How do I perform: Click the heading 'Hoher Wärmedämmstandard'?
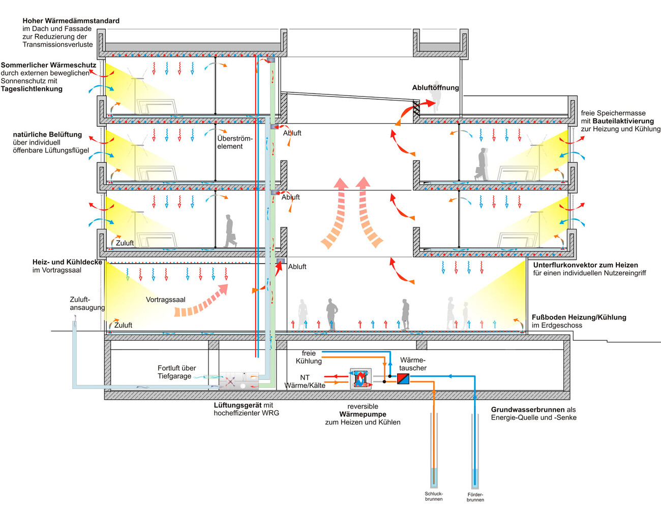[71, 21]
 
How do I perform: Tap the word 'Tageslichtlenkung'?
[32, 89]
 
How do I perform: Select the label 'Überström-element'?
[234, 142]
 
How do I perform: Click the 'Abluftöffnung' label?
[435, 87]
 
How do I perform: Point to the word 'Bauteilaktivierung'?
[623, 121]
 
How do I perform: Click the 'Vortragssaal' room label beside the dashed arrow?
[165, 300]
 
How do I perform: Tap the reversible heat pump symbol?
[360, 379]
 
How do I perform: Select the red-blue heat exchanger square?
[403, 378]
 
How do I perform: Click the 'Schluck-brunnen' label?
[434, 496]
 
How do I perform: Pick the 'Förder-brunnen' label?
[475, 497]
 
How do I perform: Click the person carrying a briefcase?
[230, 231]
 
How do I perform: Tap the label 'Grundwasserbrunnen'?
[528, 410]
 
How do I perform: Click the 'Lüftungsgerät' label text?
[237, 405]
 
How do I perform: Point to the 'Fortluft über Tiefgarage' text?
[176, 372]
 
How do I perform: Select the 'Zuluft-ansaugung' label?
[87, 303]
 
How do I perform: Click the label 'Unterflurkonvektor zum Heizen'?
[585, 265]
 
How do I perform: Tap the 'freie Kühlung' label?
[309, 357]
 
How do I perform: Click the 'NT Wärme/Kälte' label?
[305, 381]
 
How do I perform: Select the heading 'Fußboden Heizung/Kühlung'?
[579, 317]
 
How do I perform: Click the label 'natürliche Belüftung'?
[47, 135]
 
